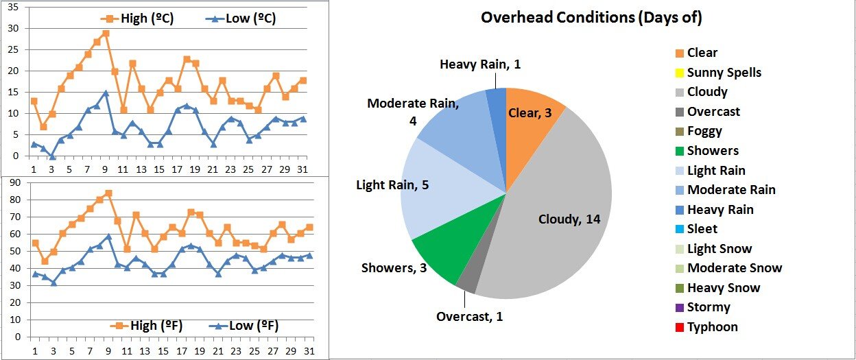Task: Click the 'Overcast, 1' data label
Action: [x=469, y=316]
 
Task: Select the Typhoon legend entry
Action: [x=712, y=327]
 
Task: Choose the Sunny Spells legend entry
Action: [x=724, y=72]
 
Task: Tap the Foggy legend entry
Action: [x=704, y=131]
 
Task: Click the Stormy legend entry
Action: [x=708, y=307]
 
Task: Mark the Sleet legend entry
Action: [x=702, y=229]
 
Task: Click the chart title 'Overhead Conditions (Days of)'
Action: [x=591, y=18]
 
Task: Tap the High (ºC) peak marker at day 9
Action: [x=106, y=34]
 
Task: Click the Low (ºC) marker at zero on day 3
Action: [x=51, y=156]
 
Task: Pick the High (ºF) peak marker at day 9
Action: [x=108, y=193]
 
